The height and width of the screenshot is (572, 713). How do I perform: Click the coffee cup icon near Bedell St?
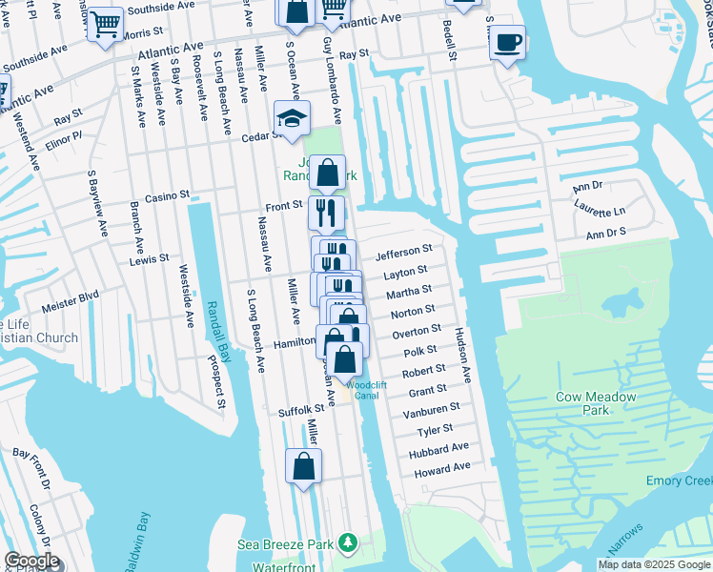point(507,42)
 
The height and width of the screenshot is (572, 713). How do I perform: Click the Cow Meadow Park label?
point(582,403)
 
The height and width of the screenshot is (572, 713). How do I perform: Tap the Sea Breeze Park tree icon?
point(348,543)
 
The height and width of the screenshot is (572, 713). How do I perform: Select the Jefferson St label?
point(403,253)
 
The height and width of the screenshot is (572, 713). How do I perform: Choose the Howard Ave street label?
point(442,468)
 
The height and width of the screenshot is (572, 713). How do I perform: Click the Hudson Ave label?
point(462,356)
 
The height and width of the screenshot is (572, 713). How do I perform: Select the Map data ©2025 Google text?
point(653,564)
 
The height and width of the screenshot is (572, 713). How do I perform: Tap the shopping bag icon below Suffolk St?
point(303,466)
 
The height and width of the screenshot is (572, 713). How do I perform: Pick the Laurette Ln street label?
point(600,211)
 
